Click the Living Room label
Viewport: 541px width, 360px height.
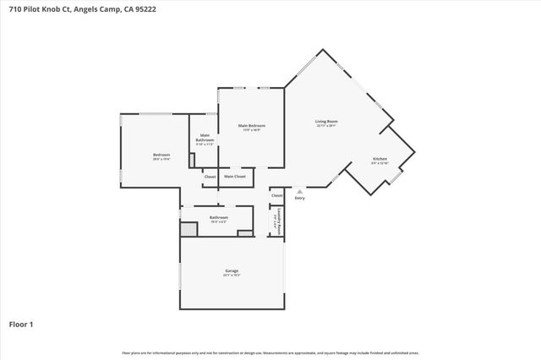326,122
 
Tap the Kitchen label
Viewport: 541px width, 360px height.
380,159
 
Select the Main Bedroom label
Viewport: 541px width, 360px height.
251,126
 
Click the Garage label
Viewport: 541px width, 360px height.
232,270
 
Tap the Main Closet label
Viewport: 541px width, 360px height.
234,177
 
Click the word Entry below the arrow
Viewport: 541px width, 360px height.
299,198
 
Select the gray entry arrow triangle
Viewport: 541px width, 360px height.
299,191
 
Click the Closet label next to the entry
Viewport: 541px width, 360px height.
276,195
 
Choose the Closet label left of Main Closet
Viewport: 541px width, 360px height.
210,177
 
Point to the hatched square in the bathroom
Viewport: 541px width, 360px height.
188,228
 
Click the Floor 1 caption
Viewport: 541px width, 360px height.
21,324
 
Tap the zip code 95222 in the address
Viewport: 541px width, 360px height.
145,9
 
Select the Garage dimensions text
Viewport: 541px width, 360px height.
232,275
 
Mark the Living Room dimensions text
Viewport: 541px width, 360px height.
326,126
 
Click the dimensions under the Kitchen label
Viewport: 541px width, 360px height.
380,163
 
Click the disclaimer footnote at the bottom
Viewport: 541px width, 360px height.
270,352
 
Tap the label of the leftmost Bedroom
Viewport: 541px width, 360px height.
161,155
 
